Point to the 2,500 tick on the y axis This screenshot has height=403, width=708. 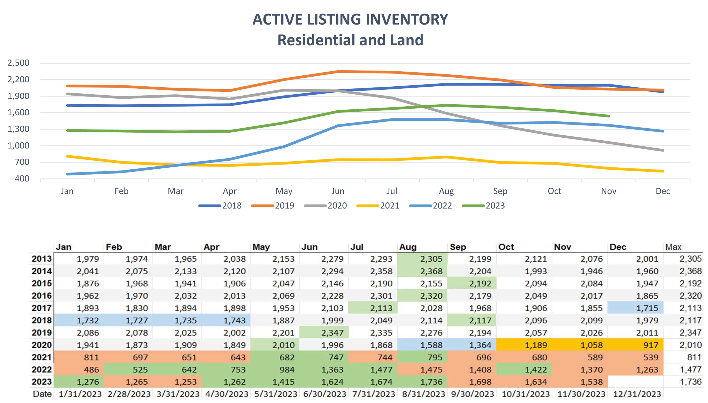pos(18,63)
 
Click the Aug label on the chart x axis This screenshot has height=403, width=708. pos(446,191)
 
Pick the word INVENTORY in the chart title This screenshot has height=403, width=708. pos(407,19)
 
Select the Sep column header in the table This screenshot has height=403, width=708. pos(458,247)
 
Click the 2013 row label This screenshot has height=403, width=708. pos(42,259)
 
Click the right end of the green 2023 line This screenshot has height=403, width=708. pos(609,116)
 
